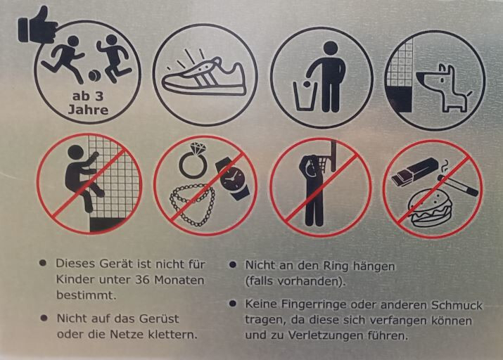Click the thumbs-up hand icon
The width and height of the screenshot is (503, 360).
coord(36,26)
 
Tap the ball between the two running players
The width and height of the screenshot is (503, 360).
coord(95,76)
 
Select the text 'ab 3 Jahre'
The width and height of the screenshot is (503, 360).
coord(88,103)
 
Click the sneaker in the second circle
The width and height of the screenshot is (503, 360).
coord(204,77)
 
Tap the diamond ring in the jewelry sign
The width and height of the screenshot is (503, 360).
coord(193,160)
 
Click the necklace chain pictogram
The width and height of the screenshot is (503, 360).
coord(192,205)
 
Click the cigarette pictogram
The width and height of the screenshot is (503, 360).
coord(458,185)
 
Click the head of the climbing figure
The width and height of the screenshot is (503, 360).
coord(75,153)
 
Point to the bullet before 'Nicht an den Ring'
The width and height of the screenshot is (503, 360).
coord(233,265)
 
